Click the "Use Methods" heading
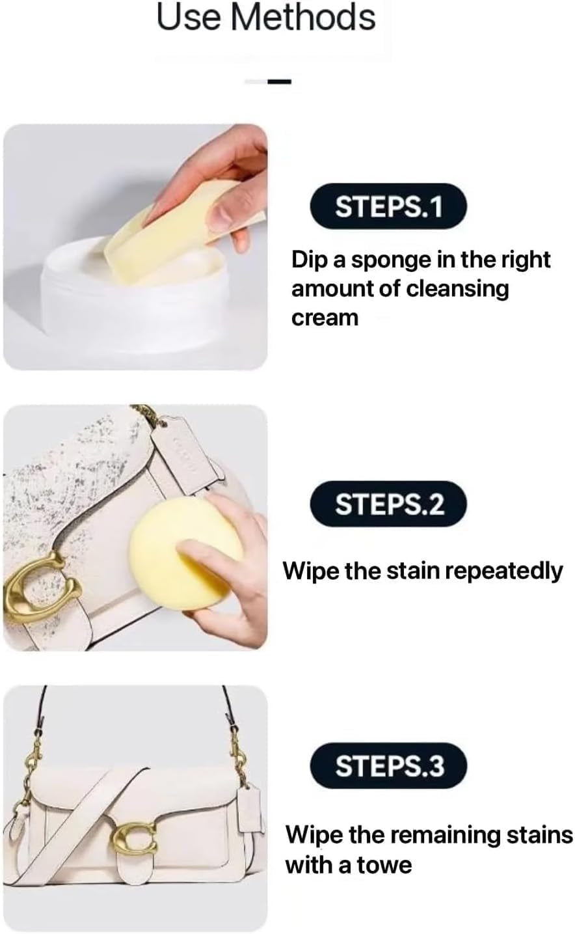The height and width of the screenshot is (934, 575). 266,18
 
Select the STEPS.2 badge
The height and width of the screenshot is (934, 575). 388,504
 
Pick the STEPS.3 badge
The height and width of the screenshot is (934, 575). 388,766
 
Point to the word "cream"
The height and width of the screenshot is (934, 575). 325,318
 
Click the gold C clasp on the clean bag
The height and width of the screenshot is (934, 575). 133,840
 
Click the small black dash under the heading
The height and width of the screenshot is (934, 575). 280,81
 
